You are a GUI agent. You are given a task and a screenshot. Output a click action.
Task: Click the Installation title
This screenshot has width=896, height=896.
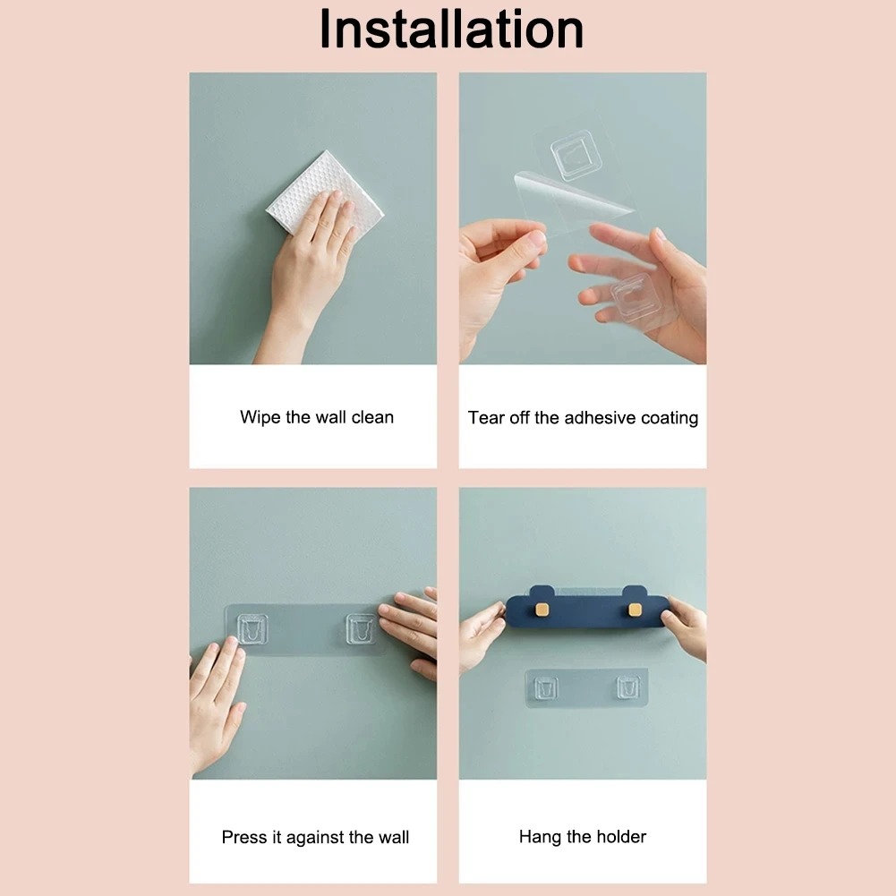[x=451, y=29]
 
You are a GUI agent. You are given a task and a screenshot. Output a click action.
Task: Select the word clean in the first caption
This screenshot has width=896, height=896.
[x=372, y=417]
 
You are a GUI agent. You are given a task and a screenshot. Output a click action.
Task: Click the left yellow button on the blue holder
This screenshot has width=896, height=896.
[x=542, y=610]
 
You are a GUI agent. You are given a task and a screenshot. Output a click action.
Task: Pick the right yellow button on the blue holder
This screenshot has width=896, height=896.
[x=635, y=610]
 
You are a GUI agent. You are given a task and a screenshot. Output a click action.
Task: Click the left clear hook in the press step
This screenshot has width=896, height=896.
[x=252, y=628]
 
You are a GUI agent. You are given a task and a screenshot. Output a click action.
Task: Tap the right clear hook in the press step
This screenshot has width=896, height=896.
[x=361, y=628]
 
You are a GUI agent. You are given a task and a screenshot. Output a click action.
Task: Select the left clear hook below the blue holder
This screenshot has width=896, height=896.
[x=546, y=688]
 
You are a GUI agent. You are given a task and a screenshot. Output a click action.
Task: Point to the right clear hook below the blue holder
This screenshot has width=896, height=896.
[x=628, y=688]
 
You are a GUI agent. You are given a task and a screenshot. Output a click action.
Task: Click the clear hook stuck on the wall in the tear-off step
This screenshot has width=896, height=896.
[x=576, y=155]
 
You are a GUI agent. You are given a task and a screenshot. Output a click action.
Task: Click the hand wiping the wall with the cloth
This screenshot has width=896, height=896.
[x=311, y=269]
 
